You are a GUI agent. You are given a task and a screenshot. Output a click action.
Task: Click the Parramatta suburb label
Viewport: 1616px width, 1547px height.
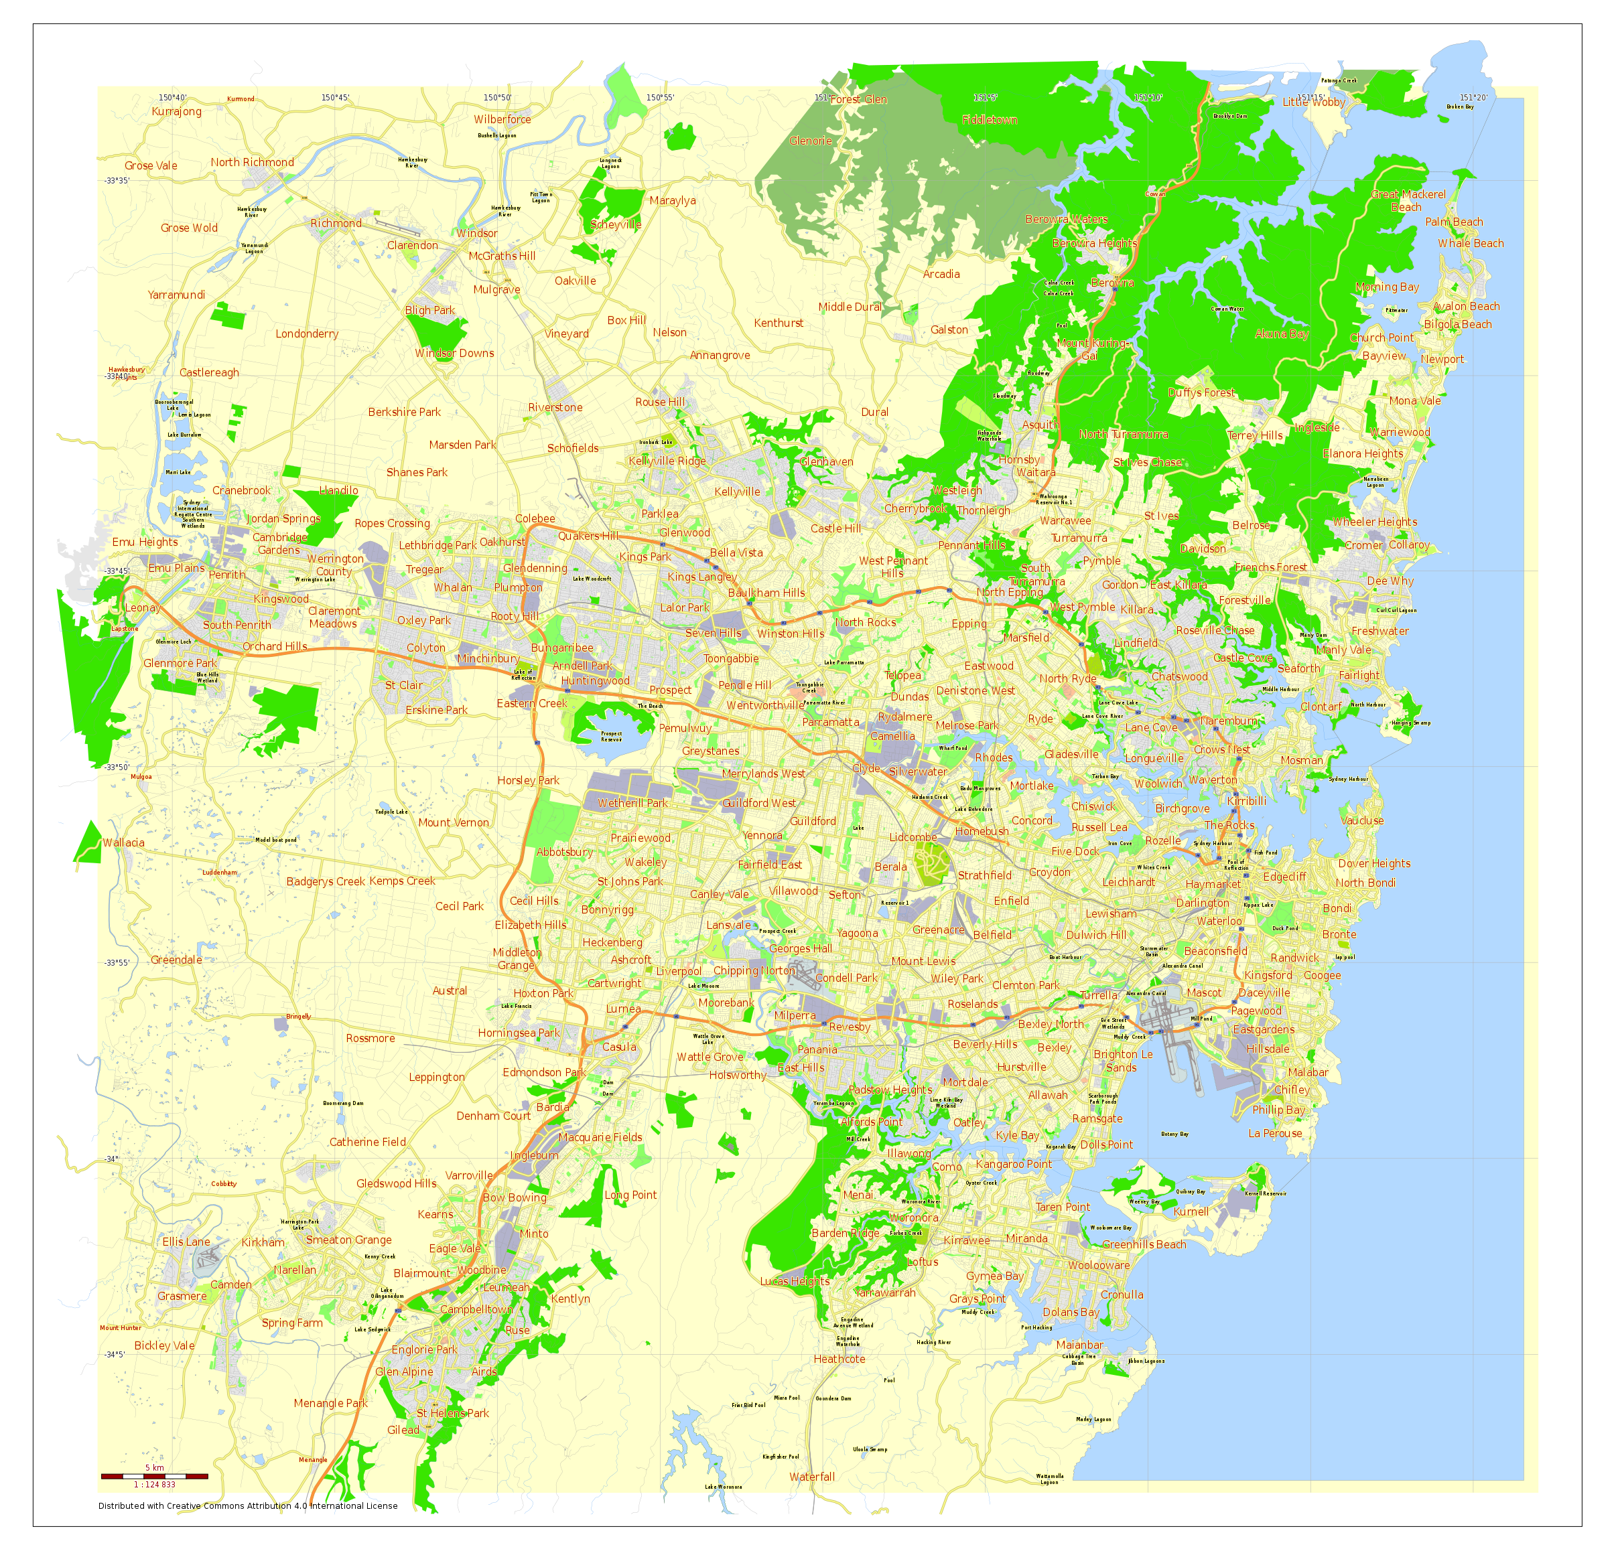click(x=830, y=722)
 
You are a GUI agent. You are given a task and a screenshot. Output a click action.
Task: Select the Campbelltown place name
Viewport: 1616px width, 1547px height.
click(x=476, y=1309)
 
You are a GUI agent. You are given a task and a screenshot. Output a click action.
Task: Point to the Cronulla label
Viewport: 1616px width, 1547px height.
click(x=1122, y=1294)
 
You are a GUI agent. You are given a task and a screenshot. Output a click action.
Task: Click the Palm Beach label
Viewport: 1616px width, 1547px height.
click(x=1454, y=222)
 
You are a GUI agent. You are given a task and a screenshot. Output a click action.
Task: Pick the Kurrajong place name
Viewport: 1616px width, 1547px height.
click(x=176, y=111)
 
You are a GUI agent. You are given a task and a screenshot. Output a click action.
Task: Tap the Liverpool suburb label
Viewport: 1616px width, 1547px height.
click(x=679, y=971)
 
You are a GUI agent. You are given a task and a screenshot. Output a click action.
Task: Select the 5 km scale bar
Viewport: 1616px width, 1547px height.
click(x=154, y=1475)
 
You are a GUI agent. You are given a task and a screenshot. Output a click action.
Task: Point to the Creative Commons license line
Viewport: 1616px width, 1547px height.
click(x=247, y=1505)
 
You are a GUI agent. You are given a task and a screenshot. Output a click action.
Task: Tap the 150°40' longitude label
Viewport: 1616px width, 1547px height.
click(x=172, y=98)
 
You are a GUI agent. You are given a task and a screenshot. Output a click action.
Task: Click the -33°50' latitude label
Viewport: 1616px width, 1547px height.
click(x=117, y=767)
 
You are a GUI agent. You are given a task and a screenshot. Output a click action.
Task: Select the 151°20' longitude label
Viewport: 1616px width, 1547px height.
click(x=1473, y=98)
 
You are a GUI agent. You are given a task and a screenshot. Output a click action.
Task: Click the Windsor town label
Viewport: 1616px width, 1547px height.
click(x=476, y=233)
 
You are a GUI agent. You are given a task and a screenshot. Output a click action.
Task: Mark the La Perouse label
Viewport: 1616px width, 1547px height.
click(x=1275, y=1133)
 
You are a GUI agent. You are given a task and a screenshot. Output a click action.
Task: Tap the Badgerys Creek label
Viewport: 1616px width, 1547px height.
click(x=326, y=881)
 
